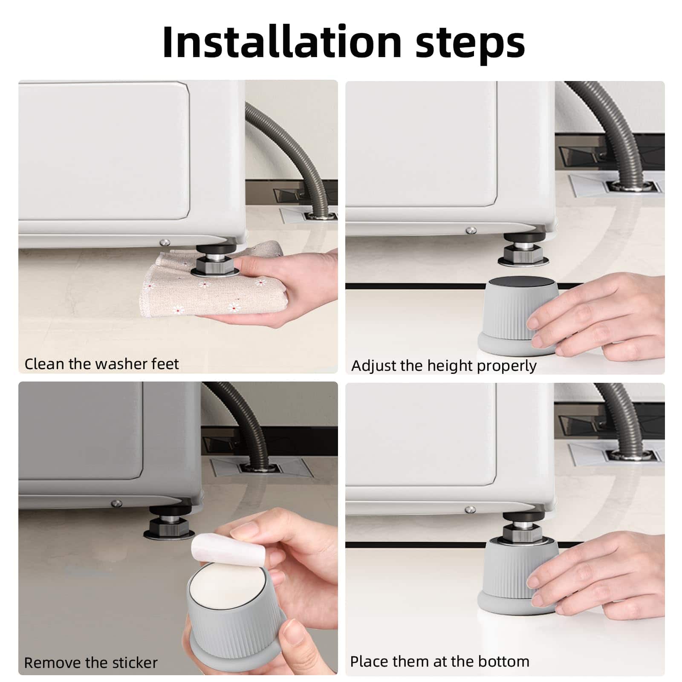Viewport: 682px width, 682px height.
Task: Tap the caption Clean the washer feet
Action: pyautogui.click(x=101, y=364)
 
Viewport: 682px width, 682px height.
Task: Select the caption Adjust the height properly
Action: pyautogui.click(x=444, y=366)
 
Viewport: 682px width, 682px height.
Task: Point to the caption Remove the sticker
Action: pyautogui.click(x=91, y=663)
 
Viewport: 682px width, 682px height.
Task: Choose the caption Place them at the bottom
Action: pyautogui.click(x=440, y=662)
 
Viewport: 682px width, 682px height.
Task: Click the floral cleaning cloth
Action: pyautogui.click(x=222, y=281)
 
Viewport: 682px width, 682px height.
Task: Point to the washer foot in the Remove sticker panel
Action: pyautogui.click(x=168, y=523)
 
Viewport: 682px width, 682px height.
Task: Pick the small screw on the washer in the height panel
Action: pyautogui.click(x=471, y=231)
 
